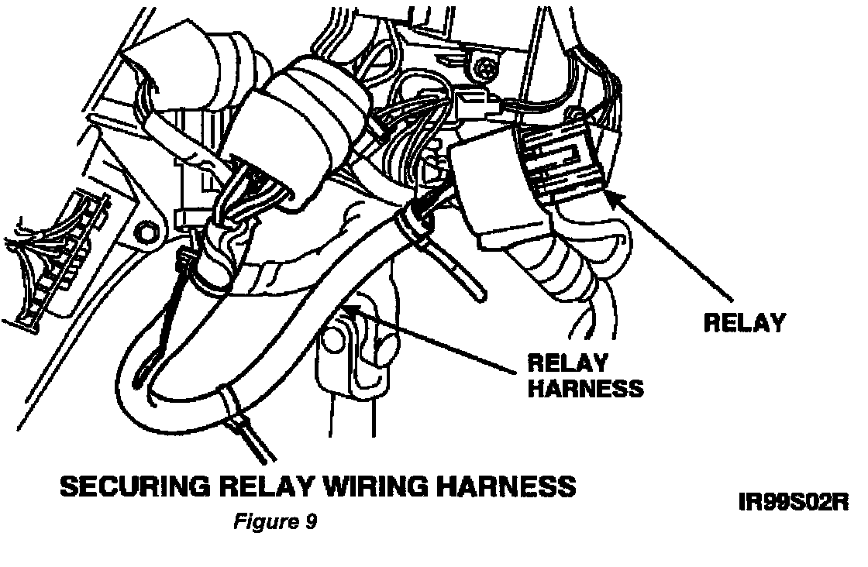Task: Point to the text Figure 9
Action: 274,522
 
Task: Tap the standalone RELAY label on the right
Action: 744,323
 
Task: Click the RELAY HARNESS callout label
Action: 584,375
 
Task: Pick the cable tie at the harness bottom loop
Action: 230,403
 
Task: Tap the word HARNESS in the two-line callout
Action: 584,388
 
